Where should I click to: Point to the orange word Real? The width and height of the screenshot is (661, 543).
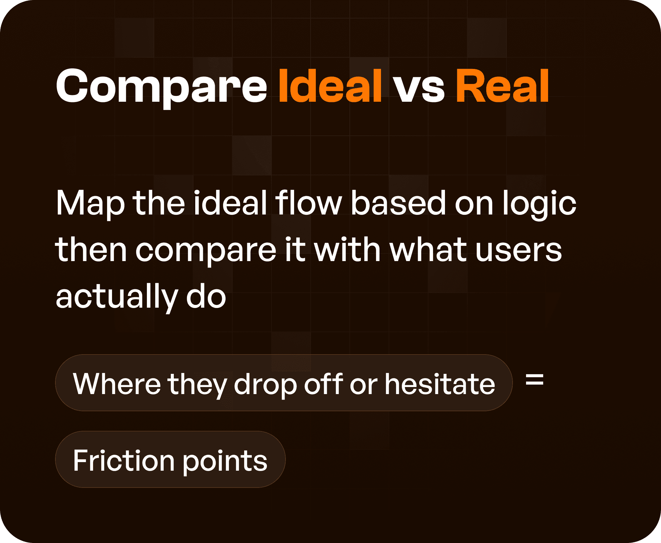point(502,86)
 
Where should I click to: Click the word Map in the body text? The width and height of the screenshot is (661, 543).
point(90,204)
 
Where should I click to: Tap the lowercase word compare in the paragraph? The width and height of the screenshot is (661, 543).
point(206,251)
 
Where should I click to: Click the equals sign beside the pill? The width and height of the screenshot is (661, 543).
point(535,380)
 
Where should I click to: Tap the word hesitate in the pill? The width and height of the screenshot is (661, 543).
point(440,384)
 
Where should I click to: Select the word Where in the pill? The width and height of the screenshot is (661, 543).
point(117,384)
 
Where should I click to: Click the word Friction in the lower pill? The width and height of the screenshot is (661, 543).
point(124,461)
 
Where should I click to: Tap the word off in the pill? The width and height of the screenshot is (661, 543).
point(324,384)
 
